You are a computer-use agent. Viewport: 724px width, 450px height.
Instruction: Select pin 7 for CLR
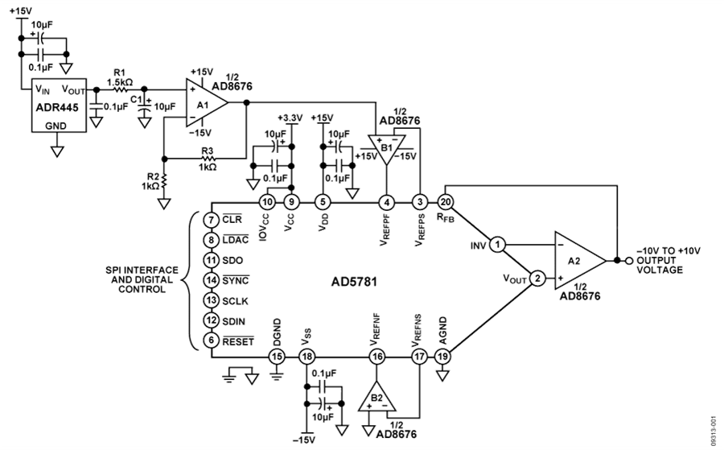[x=210, y=220]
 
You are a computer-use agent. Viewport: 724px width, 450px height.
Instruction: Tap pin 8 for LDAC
[x=210, y=239]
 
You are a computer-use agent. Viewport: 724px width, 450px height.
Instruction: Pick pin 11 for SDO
[x=210, y=260]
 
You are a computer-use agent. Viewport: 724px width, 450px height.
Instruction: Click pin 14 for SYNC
[x=210, y=279]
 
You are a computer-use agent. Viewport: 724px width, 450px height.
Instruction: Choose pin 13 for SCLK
[x=210, y=299]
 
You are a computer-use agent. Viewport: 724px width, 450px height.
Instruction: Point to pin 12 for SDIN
[x=210, y=320]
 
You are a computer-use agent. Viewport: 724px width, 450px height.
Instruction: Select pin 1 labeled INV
[x=498, y=243]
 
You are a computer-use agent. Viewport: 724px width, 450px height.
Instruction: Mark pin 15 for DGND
[x=277, y=355]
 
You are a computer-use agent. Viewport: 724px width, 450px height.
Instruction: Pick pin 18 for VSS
[x=306, y=355]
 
